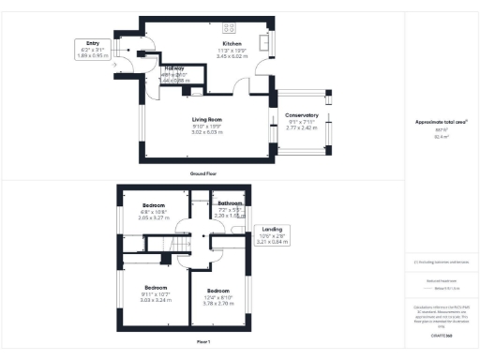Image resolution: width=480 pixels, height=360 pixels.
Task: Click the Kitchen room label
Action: point(231,44)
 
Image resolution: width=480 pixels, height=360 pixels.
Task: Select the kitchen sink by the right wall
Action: point(263,43)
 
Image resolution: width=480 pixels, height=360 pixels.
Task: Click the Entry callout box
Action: point(93,49)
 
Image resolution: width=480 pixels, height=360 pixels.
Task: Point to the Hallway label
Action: point(174,68)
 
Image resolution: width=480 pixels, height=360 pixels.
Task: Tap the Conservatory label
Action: point(302,114)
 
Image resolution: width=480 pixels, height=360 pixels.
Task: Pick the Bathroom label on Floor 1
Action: point(231,203)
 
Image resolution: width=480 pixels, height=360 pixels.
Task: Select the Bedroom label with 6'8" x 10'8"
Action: point(154,205)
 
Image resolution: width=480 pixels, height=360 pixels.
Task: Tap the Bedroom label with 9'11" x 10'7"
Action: point(156,287)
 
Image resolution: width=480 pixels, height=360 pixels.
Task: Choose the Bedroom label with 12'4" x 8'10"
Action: point(218,291)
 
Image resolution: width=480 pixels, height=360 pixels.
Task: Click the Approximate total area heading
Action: point(441,123)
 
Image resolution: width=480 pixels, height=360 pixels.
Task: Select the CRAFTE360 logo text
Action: point(442,336)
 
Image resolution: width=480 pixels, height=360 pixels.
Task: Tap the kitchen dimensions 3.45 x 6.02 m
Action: point(231,56)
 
